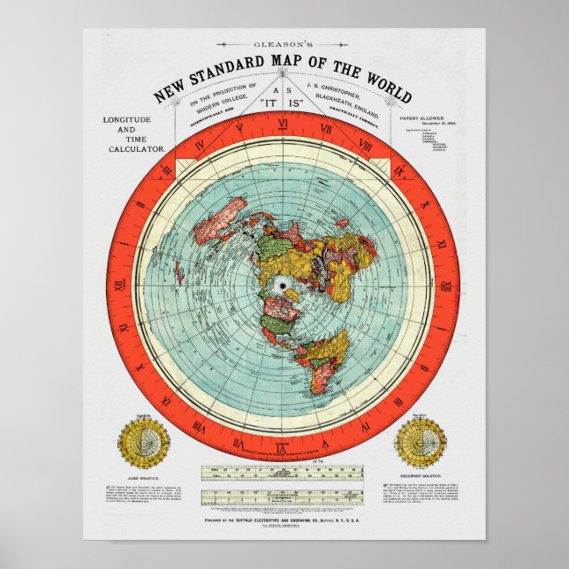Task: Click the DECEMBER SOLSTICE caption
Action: (x=421, y=478)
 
